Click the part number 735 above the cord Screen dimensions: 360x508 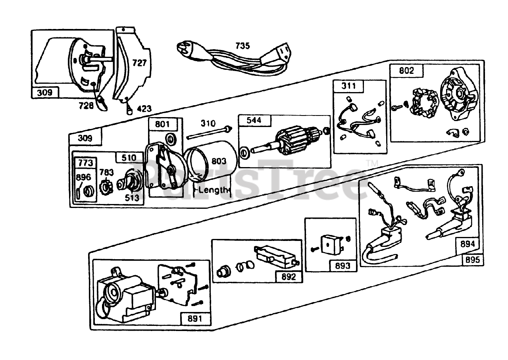point(242,46)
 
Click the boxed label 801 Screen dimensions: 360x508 point(162,124)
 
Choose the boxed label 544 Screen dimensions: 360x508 point(254,120)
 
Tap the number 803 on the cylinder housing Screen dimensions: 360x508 point(219,161)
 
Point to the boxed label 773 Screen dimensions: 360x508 point(86,163)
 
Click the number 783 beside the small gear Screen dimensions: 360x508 point(106,172)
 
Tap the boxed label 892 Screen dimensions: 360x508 point(289,277)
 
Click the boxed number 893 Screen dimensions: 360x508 point(343,266)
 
